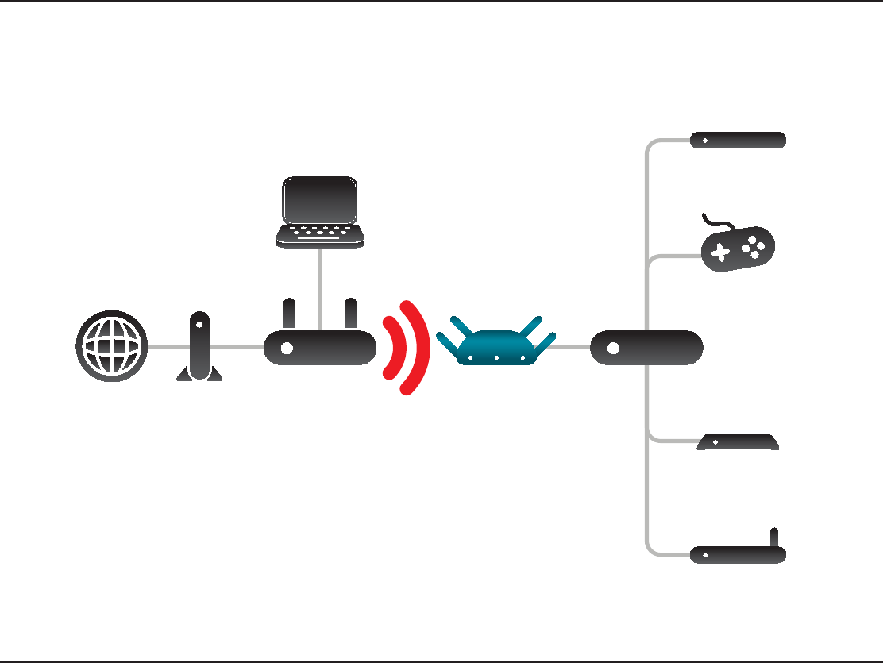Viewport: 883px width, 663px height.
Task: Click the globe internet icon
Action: pos(111,346)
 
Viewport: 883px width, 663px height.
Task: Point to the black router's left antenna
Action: pos(289,314)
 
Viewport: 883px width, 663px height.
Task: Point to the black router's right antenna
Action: pos(350,314)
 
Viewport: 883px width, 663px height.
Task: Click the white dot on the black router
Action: pos(287,348)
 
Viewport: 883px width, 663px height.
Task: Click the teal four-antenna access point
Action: pos(495,346)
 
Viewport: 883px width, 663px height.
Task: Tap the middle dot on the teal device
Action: pos(495,358)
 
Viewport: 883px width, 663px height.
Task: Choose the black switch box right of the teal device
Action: pos(646,348)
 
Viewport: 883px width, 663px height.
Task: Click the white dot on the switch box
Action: pos(613,348)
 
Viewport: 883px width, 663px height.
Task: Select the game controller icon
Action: pos(738,248)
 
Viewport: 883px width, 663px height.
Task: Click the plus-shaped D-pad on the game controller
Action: pos(720,252)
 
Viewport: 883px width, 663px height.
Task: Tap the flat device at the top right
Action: pos(738,141)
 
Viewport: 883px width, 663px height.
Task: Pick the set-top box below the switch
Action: pos(738,442)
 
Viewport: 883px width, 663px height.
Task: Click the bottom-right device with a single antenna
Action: pos(738,554)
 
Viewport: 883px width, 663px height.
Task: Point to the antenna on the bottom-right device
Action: pos(774,538)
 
